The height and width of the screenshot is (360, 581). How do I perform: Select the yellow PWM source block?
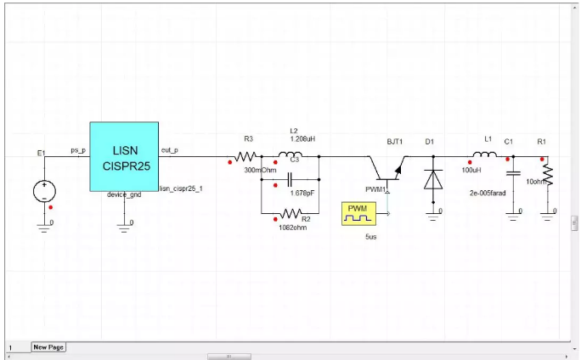356,214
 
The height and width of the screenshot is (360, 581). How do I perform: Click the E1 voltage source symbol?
44,191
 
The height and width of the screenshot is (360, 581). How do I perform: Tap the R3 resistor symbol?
246,156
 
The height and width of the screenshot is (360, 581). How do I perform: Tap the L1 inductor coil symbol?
486,155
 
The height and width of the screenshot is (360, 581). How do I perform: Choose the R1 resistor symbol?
548,177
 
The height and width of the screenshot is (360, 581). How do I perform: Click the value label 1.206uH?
303,138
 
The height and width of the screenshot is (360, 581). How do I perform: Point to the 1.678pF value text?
302,193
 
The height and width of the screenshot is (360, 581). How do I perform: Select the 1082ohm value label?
294,226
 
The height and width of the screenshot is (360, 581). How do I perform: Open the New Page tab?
48,346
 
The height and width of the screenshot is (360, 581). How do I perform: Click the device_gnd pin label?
123,195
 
